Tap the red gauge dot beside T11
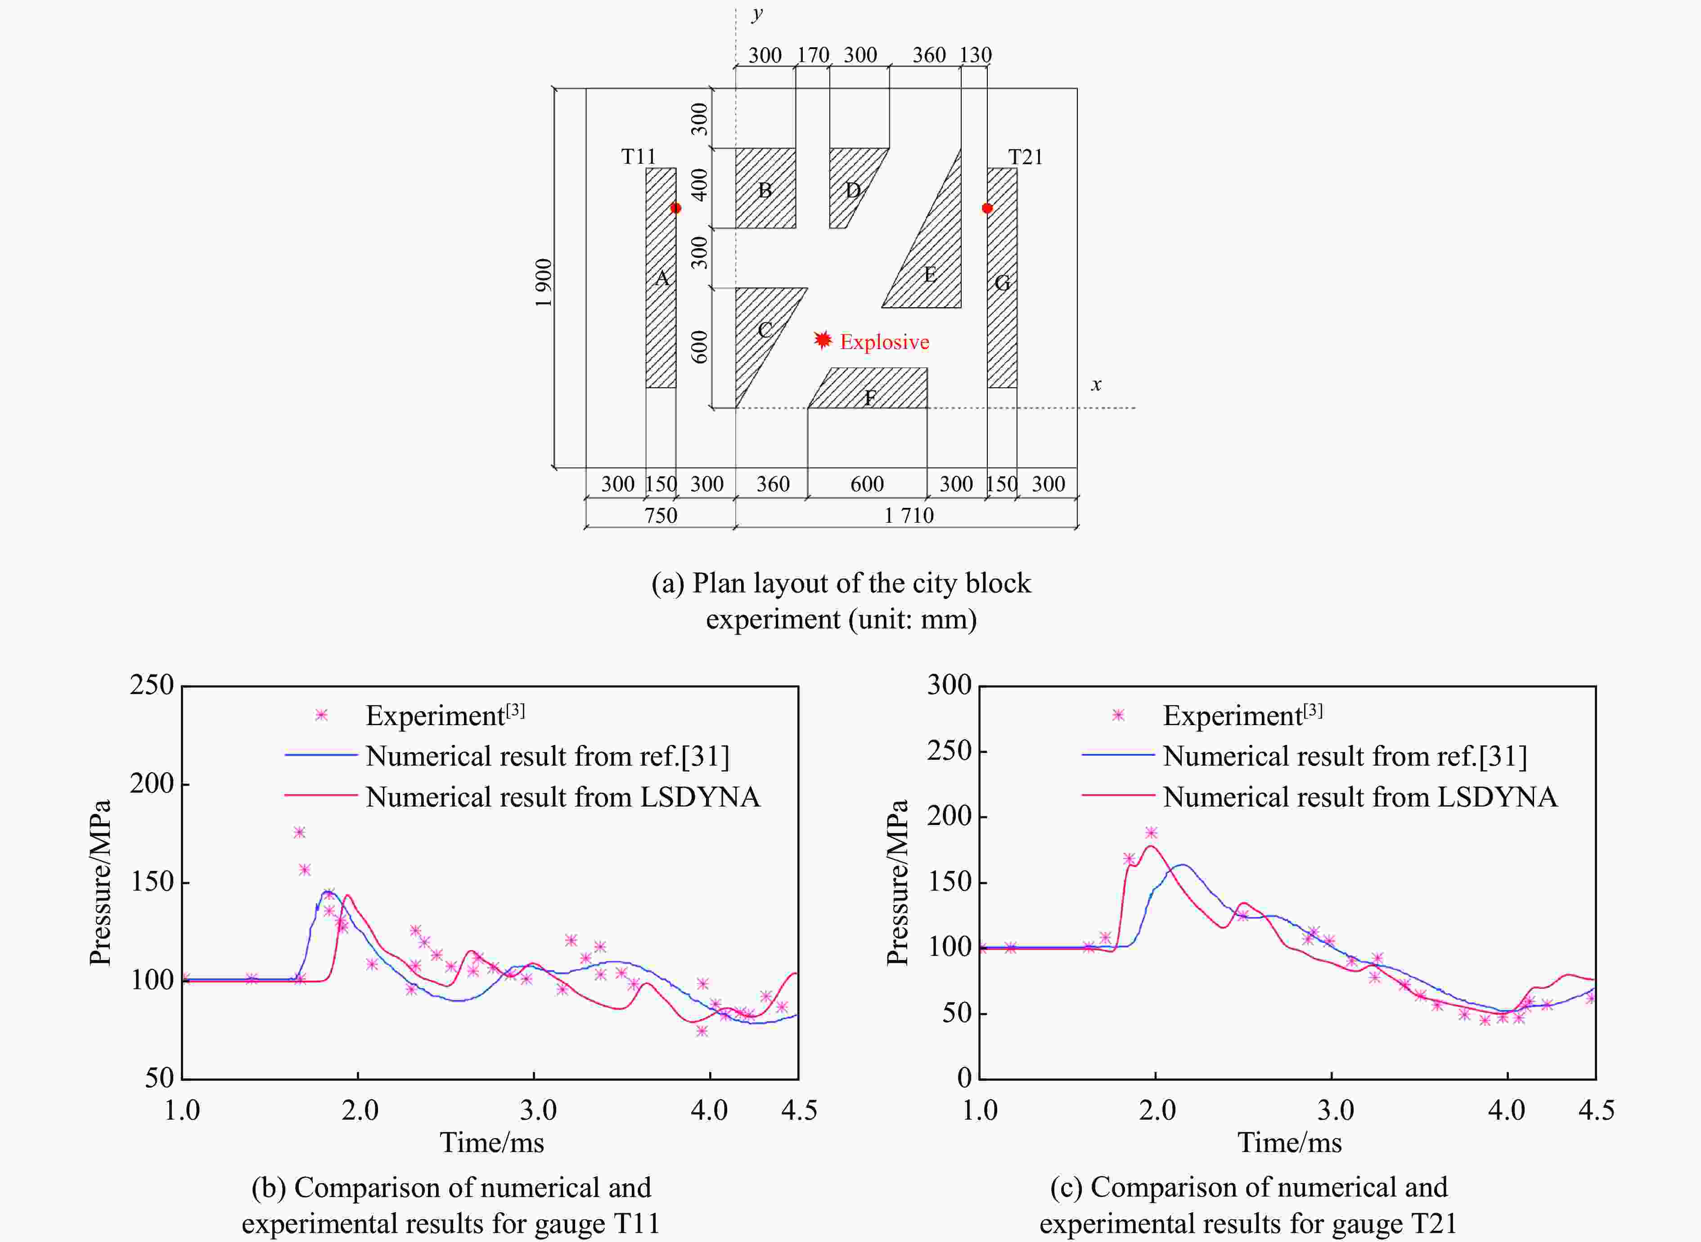coord(675,208)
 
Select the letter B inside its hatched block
coord(765,190)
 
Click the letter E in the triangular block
coord(930,274)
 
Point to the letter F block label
coord(870,398)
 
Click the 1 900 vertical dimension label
coord(544,282)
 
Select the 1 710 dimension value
coord(909,516)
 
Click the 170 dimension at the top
coord(813,55)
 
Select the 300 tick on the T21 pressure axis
coord(949,685)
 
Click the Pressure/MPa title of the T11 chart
coord(100,882)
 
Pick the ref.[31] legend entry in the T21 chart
coord(1345,756)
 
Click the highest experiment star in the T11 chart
coord(299,832)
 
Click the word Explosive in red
coord(884,342)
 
